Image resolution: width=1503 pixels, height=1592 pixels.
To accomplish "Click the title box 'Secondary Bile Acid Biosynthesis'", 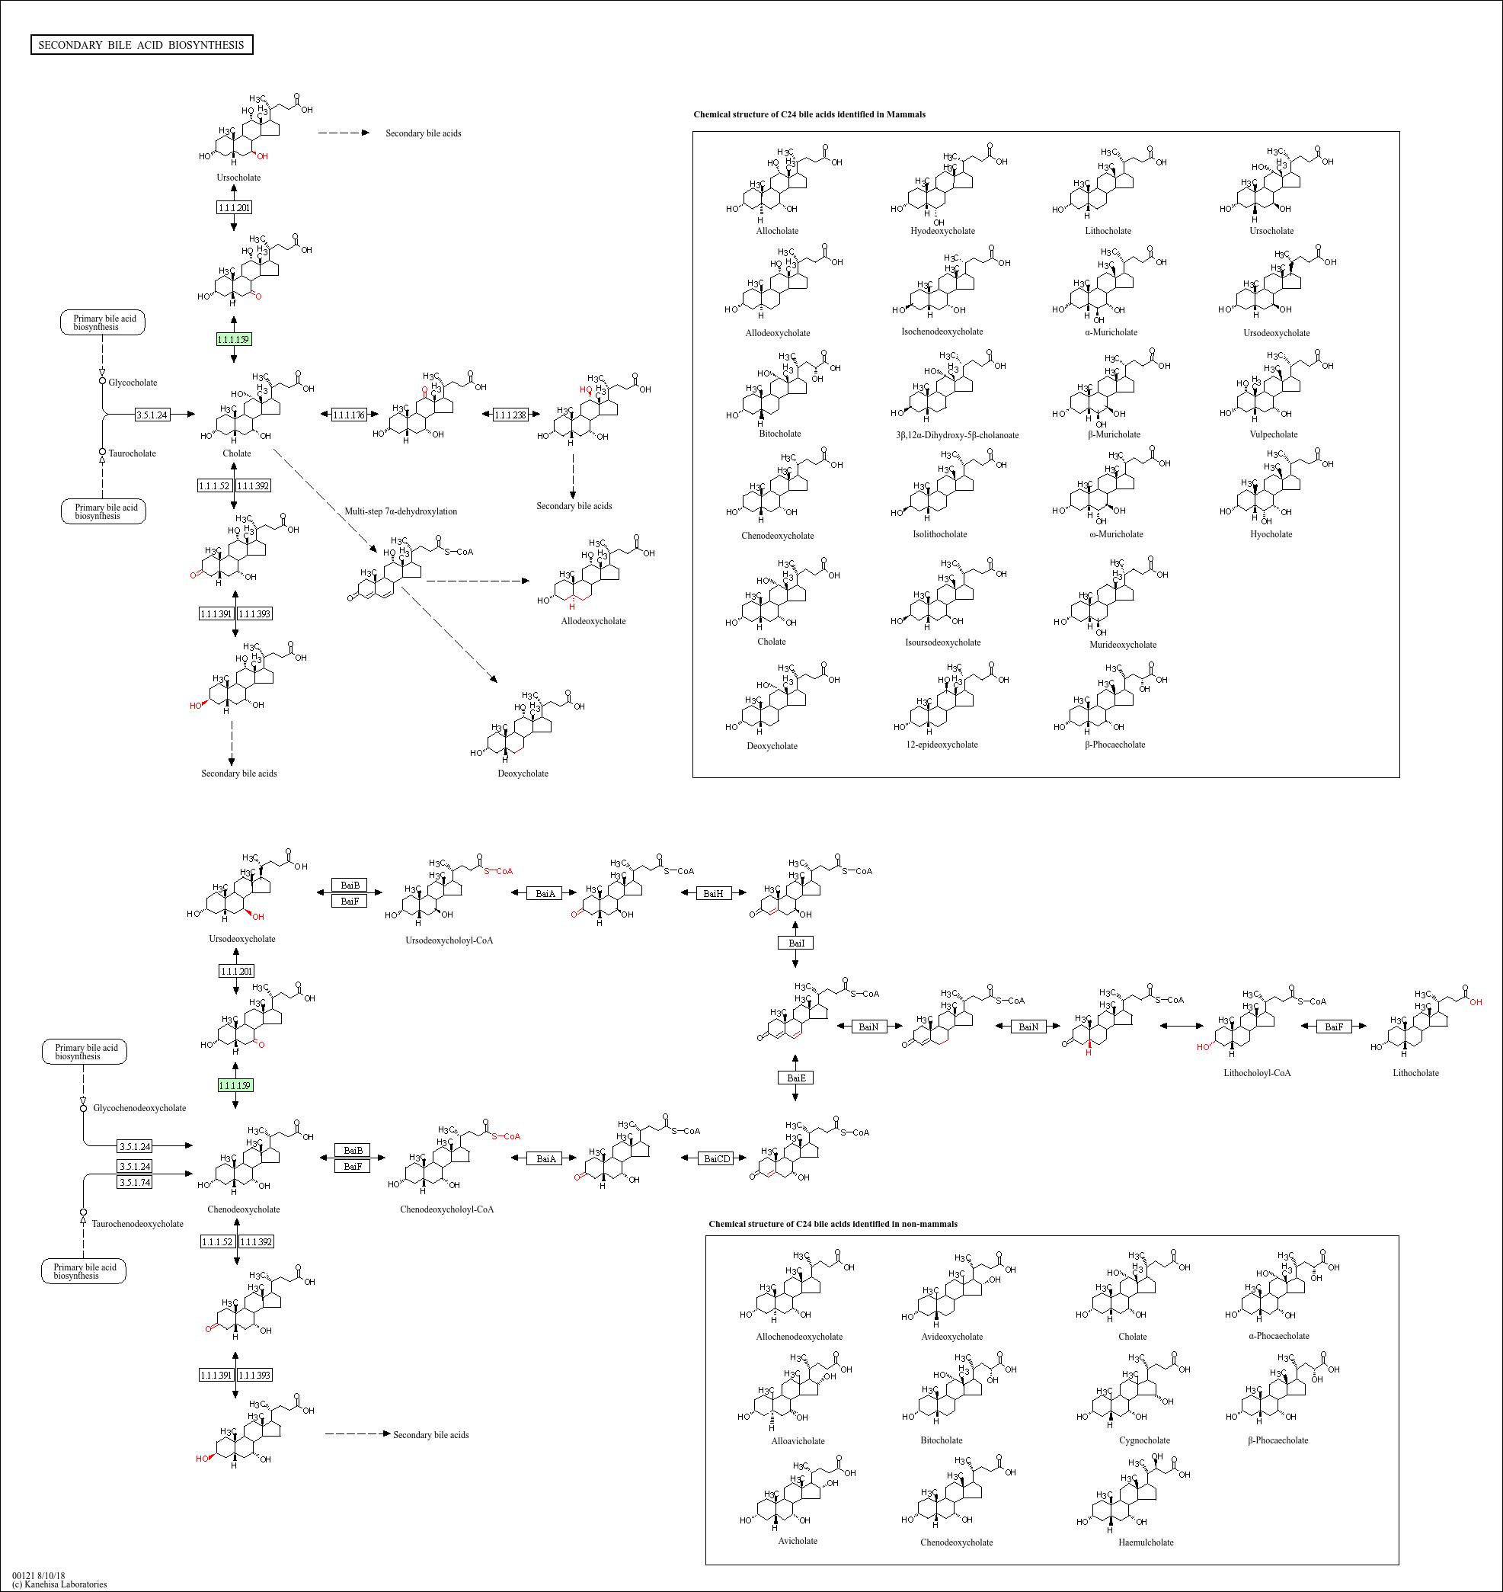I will [x=141, y=45].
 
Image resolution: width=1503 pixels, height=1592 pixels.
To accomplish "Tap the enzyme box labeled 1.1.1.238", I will [x=510, y=415].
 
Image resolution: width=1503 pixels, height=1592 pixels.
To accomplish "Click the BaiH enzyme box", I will [x=712, y=893].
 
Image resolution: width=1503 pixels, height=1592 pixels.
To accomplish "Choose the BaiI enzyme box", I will [x=795, y=943].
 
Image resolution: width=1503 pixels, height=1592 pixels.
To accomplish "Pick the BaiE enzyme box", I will [x=795, y=1078].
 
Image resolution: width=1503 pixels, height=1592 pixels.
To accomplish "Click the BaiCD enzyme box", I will [x=716, y=1158].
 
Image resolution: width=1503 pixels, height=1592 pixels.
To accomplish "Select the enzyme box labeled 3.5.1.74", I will [x=135, y=1182].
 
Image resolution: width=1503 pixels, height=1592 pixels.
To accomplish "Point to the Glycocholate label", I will [x=133, y=383].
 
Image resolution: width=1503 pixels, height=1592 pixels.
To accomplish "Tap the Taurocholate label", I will [x=133, y=453].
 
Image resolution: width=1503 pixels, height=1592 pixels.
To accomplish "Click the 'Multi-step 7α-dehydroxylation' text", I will [x=401, y=511].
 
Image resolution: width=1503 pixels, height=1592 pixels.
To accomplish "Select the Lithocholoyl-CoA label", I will [x=1256, y=1072].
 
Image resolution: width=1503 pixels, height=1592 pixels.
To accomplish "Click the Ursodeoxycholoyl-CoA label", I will [x=449, y=940].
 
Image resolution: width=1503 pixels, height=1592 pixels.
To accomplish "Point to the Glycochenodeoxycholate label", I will [x=139, y=1108].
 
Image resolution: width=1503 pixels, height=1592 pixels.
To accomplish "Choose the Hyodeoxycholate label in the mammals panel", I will [x=942, y=231].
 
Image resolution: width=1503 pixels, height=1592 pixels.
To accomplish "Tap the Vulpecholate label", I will [x=1273, y=434].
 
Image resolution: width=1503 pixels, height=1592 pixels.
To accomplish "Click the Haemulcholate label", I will [x=1146, y=1542].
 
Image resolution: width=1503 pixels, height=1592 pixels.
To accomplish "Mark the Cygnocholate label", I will [x=1144, y=1440].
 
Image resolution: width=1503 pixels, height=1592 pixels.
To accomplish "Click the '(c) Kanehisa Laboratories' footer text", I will [x=59, y=1584].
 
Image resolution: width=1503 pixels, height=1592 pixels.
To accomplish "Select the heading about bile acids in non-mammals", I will [x=833, y=1224].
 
